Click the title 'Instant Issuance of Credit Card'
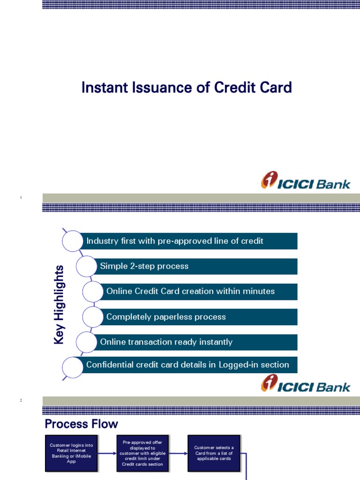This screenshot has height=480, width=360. pyautogui.click(x=187, y=88)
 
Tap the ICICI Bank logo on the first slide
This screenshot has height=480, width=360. pyautogui.click(x=305, y=181)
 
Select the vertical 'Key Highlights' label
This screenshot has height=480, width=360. pyautogui.click(x=59, y=304)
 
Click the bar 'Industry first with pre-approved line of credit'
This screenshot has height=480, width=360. pyautogui.click(x=189, y=241)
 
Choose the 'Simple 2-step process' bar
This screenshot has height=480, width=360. pyautogui.click(x=196, y=266)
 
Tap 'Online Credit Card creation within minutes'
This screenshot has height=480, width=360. pyautogui.click(x=199, y=292)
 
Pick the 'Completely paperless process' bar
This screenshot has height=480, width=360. pyautogui.click(x=199, y=317)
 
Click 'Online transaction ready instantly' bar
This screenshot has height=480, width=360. pyautogui.click(x=196, y=342)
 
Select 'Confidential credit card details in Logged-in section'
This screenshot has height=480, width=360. pyautogui.click(x=189, y=365)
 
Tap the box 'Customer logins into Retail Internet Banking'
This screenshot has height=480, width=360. pyautogui.click(x=71, y=453)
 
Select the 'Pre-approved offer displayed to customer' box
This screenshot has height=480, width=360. pyautogui.click(x=142, y=453)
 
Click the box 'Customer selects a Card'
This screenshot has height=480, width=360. pyautogui.click(x=213, y=453)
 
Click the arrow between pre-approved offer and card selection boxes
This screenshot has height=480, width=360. pyautogui.click(x=178, y=453)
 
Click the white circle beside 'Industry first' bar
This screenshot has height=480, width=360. pyautogui.click(x=73, y=241)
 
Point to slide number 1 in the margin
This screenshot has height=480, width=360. pyautogui.click(x=21, y=198)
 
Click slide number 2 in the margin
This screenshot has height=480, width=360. pyautogui.click(x=21, y=400)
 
